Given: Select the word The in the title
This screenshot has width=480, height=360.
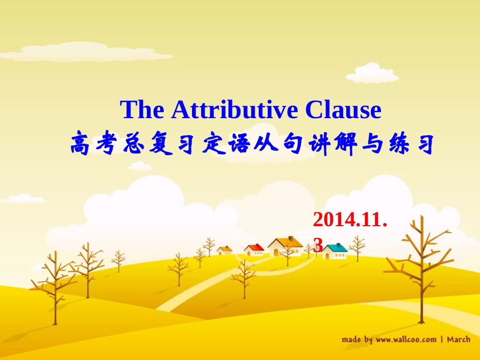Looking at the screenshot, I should coord(143,110).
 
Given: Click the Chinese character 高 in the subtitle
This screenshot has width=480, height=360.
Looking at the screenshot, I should coord(81,144).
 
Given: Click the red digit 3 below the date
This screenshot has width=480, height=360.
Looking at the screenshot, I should coord(318,245).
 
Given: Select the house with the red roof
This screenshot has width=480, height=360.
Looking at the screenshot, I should coord(254,249).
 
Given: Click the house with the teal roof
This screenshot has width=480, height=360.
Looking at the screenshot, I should coord(335,250).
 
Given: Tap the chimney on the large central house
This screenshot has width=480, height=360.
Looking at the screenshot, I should coord(289,239).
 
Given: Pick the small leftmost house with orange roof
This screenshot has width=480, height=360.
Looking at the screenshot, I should coord(224,250).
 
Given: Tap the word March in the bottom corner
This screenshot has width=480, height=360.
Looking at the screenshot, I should coord(458,339).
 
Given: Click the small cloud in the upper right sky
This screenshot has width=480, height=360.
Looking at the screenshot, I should coord(372,73).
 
